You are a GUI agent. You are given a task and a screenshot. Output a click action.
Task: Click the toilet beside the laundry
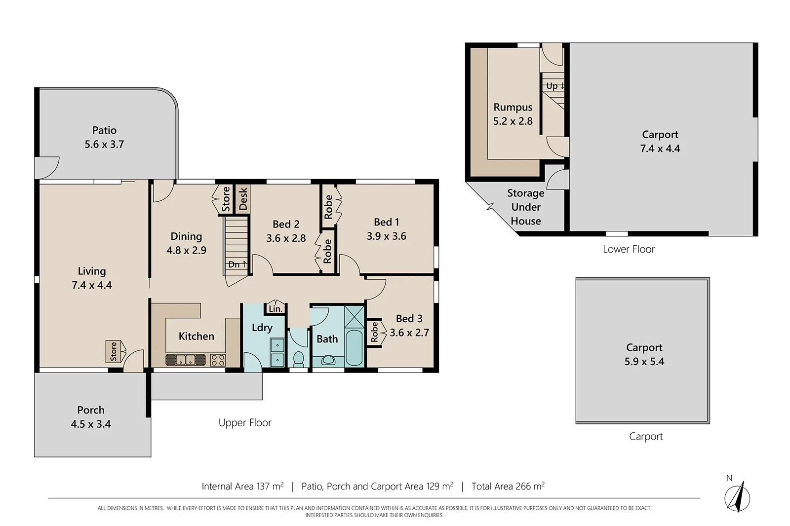299,359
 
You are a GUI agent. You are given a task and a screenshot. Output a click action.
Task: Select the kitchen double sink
185,360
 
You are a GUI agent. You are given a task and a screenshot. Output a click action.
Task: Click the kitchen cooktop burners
218,360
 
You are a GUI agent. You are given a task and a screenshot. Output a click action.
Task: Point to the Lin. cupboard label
275,309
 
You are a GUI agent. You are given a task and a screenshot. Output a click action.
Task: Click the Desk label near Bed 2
243,198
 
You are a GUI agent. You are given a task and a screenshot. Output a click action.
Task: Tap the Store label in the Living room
113,351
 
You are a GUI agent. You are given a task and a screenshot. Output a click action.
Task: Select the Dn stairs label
237,264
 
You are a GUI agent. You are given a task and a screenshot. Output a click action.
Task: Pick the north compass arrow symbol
737,496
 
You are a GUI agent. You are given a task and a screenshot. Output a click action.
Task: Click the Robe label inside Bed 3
374,332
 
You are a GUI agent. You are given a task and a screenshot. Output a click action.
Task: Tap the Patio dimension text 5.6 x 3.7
104,145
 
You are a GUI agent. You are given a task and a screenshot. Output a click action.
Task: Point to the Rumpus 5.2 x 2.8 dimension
513,121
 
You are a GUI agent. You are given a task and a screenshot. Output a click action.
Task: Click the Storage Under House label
526,207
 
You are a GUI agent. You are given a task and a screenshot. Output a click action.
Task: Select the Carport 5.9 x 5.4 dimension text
644,362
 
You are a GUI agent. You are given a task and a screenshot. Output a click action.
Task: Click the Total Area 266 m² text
508,487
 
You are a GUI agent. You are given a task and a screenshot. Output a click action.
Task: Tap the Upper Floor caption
245,423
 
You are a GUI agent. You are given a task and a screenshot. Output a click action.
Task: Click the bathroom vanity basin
328,360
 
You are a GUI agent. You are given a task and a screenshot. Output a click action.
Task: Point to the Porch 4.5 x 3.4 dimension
91,424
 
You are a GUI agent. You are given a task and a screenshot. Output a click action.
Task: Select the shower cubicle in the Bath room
354,316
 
